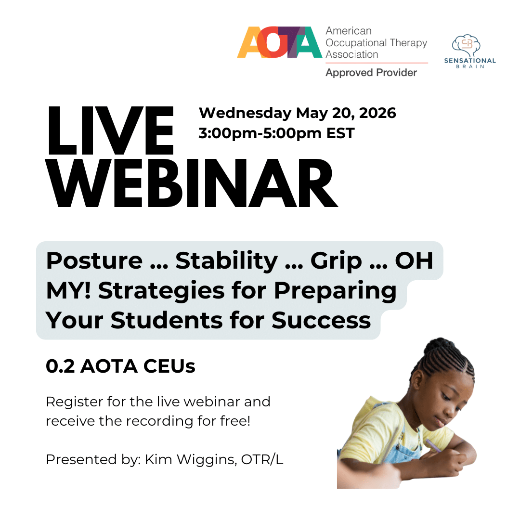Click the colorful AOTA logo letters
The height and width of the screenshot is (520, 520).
click(279, 42)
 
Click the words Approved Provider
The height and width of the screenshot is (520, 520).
click(371, 73)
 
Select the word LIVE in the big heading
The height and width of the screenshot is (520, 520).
click(110, 130)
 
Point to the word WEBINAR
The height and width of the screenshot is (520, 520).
click(192, 183)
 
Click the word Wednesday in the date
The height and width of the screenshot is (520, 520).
click(245, 113)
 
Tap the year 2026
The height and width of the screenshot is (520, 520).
click(378, 113)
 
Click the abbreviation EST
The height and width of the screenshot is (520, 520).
click(340, 133)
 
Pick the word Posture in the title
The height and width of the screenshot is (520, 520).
click(94, 260)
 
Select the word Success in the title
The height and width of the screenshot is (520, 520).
click(321, 321)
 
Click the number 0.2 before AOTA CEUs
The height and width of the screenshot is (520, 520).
click(60, 366)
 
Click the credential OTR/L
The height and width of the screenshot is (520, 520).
click(262, 460)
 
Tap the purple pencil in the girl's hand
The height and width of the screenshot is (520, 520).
click(433, 445)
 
